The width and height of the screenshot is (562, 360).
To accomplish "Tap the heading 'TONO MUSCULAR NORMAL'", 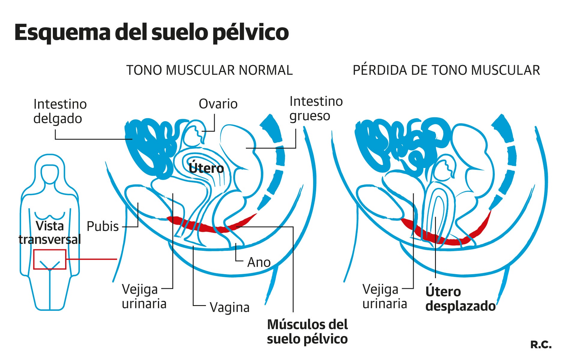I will pyautogui.click(x=209, y=70).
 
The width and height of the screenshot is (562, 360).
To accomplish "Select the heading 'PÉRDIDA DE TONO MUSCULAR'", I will pyautogui.click(x=446, y=70).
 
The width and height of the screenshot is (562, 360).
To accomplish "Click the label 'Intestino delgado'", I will pyautogui.click(x=60, y=111).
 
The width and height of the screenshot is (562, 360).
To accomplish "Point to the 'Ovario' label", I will pyautogui.click(x=218, y=104).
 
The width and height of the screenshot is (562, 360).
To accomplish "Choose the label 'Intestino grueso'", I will pyautogui.click(x=316, y=108).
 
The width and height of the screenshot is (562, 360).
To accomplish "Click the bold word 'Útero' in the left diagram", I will pyautogui.click(x=206, y=168).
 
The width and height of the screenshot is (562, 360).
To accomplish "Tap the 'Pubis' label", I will pyautogui.click(x=103, y=226).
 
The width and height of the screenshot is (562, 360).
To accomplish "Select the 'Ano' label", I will pyautogui.click(x=259, y=262).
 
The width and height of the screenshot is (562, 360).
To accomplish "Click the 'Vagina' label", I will pyautogui.click(x=229, y=307).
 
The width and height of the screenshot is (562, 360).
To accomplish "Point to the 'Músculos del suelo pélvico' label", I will pyautogui.click(x=307, y=332).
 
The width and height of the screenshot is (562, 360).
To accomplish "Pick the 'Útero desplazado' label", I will pyautogui.click(x=460, y=299).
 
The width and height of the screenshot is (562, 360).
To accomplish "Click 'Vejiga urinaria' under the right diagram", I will pyautogui.click(x=385, y=297).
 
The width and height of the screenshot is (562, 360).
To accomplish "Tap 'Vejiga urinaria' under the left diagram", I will pyautogui.click(x=144, y=297).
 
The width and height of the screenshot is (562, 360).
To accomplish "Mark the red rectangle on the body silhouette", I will pyautogui.click(x=50, y=259).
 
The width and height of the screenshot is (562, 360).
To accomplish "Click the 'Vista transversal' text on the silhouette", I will pyautogui.click(x=50, y=233).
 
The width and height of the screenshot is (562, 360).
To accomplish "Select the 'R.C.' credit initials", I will pyautogui.click(x=541, y=345).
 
